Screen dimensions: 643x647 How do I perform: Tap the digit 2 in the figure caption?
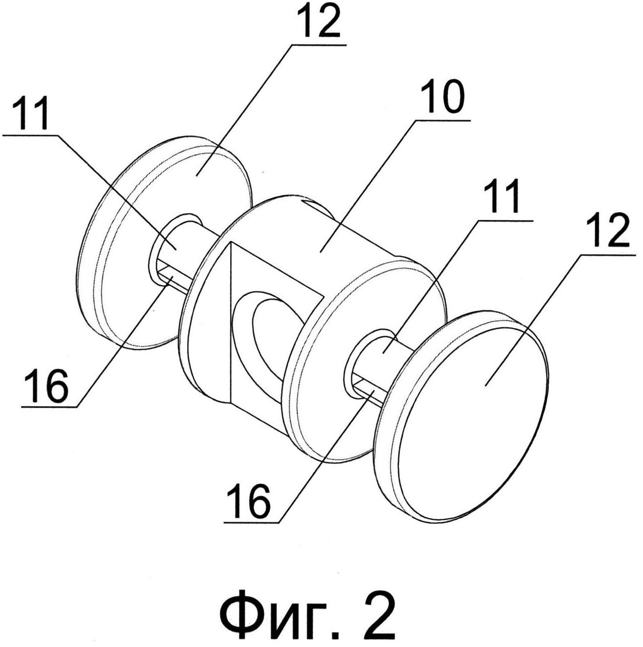(x=377, y=614)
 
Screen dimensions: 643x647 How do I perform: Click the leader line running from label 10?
(x=366, y=185)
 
